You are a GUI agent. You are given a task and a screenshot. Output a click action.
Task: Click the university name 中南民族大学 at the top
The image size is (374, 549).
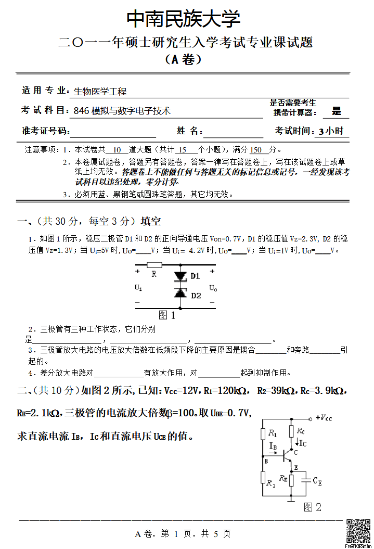click(x=184, y=19)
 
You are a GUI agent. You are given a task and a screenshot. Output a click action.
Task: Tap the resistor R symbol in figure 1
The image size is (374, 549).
click(x=154, y=265)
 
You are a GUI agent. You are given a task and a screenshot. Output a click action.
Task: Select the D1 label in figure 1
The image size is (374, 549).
click(x=195, y=276)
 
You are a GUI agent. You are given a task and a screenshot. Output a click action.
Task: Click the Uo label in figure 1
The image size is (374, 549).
click(x=213, y=288)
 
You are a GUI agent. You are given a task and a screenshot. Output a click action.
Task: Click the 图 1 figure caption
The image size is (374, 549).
click(x=166, y=315)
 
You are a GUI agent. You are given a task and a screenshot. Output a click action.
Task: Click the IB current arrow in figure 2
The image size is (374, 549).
click(x=274, y=452)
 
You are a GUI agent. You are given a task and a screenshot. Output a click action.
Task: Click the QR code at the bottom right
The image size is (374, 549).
click(x=358, y=531)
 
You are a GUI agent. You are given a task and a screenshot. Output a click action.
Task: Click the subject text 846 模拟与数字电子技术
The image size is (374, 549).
click(x=122, y=111)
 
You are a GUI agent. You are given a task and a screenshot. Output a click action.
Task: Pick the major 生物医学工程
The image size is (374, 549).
click(x=100, y=92)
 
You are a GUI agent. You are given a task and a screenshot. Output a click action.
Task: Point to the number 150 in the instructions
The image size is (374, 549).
click(x=256, y=150)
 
